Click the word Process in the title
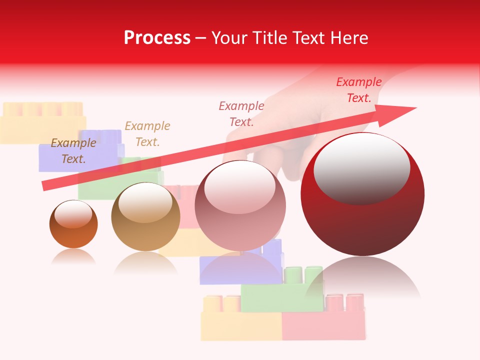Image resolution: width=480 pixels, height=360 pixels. (157, 38)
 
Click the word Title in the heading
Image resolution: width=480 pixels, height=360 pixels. (269, 38)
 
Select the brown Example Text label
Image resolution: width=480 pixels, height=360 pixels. (73, 151)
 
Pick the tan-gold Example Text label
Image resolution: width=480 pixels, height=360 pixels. (147, 134)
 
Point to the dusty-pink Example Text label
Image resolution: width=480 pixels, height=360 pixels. (241, 113)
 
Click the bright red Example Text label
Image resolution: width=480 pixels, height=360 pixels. (359, 90)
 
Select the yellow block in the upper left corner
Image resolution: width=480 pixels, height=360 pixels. (42, 122)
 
